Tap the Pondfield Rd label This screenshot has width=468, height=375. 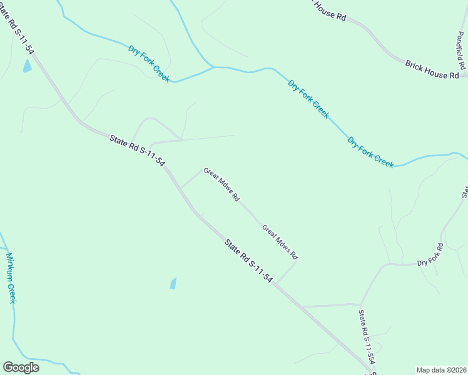point(462,51)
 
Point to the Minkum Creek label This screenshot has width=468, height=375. point(11,277)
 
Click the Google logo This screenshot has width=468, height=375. point(21,367)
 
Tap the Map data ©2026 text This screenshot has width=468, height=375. point(440,370)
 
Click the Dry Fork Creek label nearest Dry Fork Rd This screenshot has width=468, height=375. point(370,152)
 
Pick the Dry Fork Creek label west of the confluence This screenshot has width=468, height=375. point(149,62)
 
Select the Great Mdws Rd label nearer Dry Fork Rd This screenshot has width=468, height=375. point(280,242)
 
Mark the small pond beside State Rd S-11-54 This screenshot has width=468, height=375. point(27,66)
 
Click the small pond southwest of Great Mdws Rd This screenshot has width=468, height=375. point(173,283)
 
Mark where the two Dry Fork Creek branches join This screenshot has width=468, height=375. point(213,67)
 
